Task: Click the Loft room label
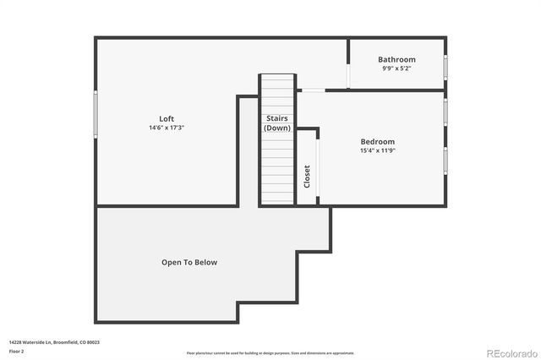coord(167,118)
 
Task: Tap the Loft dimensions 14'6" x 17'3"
coord(167,128)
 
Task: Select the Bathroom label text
coord(396,59)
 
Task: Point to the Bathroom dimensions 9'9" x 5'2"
coord(396,68)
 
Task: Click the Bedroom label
coord(377,141)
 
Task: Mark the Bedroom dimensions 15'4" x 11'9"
coord(377,150)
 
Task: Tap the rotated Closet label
coord(307,176)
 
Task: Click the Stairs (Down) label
coord(277,123)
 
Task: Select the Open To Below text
coord(189,262)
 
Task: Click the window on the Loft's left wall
coord(96,112)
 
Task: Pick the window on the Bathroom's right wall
coord(445,67)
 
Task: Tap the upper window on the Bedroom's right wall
coord(445,109)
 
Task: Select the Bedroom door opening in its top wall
coord(313,90)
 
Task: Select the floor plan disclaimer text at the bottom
coord(270,352)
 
